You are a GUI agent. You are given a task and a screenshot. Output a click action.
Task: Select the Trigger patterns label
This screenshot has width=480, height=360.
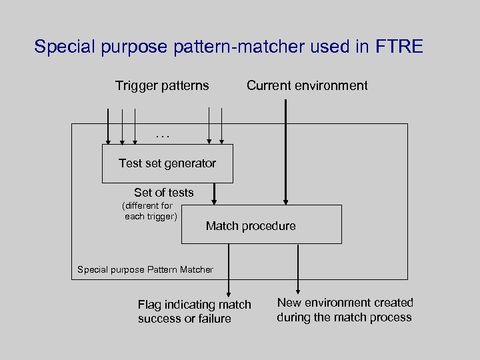coord(162,85)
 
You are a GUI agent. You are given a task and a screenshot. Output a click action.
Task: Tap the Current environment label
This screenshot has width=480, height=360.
coord(307,85)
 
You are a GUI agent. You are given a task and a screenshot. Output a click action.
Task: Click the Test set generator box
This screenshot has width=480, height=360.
coord(167,163)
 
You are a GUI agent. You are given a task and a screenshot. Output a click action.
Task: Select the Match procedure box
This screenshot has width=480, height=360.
coord(261,225)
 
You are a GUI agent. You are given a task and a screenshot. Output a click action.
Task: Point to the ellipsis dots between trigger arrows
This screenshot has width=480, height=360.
coord(163,135)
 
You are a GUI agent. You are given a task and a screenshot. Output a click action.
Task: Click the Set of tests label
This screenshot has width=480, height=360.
coord(163,193)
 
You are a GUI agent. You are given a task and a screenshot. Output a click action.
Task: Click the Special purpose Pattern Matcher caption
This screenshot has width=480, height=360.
coord(145,270)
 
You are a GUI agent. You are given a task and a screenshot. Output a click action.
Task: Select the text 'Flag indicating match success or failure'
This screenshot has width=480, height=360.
coord(194,311)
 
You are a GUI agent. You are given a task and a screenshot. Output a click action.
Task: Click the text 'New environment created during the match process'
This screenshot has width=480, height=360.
coord(345,310)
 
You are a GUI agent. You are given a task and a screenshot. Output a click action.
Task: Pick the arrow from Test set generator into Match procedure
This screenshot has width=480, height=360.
coord(214,194)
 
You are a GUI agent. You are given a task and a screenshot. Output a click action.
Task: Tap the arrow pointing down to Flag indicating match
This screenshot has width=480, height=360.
coord(229,270)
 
